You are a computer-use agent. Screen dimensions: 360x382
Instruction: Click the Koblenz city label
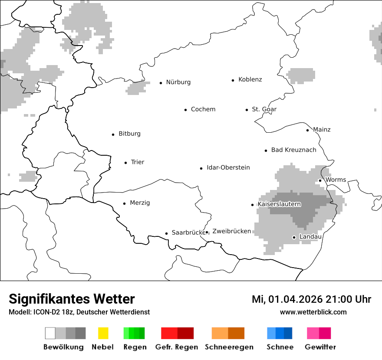[250, 79]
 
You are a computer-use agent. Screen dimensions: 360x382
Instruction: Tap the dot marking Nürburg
[161, 82]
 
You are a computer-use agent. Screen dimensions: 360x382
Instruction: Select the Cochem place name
[203, 109]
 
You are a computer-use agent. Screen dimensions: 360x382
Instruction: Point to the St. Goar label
[264, 109]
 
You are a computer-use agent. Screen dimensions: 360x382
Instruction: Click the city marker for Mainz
[307, 130]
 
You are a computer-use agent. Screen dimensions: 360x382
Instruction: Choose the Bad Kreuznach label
[293, 150]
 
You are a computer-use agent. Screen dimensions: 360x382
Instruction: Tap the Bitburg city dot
[113, 134]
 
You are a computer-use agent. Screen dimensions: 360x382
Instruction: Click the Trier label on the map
[137, 162]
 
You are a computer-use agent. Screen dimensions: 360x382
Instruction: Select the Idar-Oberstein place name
[228, 168]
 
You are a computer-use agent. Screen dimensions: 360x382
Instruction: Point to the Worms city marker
[320, 180]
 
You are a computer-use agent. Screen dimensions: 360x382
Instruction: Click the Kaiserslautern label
[279, 204]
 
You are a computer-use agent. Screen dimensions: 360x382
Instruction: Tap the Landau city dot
[294, 237]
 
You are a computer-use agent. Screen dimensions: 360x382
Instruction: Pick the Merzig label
[140, 203]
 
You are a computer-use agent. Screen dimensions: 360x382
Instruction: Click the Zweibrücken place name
[231, 231]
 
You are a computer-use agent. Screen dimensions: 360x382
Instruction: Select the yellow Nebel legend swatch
[103, 333]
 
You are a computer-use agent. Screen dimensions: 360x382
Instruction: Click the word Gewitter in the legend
[320, 347]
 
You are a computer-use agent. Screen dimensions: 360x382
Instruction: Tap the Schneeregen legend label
[229, 347]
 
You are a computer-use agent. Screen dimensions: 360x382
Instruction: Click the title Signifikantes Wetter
[72, 299]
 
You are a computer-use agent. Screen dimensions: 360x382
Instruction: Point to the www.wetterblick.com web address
[313, 312]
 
